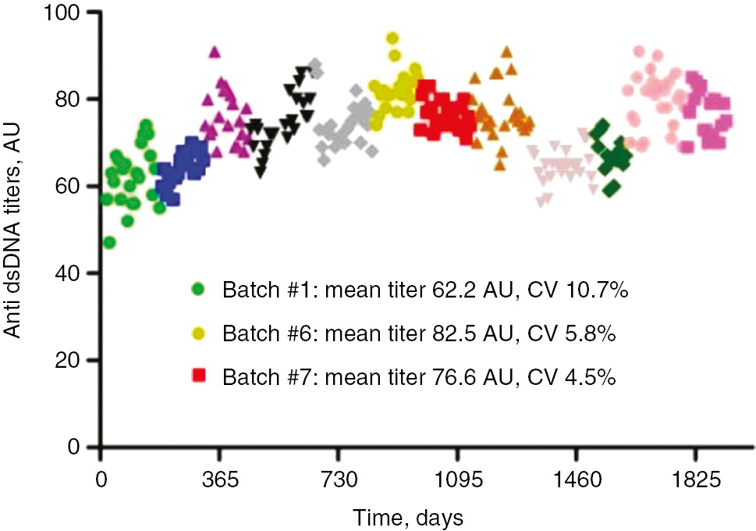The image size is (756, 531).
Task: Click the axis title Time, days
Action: click(407, 516)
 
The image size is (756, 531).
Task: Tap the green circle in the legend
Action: click(198, 290)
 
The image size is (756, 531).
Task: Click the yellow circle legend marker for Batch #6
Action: click(198, 333)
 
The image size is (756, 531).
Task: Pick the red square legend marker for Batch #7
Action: click(198, 377)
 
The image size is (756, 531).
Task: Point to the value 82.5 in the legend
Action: click(461, 334)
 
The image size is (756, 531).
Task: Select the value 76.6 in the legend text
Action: click(461, 378)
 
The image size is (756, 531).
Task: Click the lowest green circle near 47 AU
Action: click(109, 242)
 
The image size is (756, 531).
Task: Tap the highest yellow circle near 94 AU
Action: click(393, 37)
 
